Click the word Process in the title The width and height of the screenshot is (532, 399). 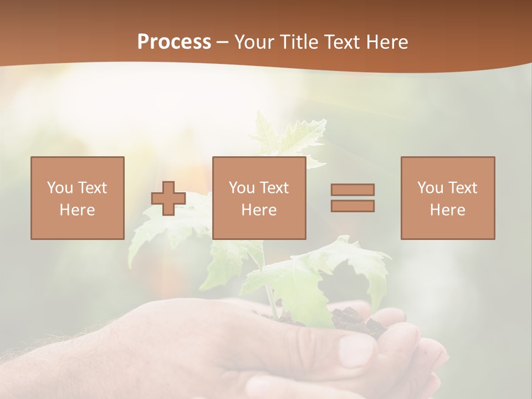click(174, 42)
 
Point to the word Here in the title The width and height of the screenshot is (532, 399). click(387, 42)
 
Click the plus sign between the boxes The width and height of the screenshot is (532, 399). click(168, 198)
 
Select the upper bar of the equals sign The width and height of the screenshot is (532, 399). click(352, 190)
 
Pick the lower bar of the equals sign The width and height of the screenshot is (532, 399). click(352, 206)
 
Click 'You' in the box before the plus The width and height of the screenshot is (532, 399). click(60, 188)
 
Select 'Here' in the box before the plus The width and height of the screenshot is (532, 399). click(77, 210)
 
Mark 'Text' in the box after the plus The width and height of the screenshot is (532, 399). click(274, 188)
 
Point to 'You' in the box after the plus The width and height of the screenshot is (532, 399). click(242, 188)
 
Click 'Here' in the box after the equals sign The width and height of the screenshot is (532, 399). click(447, 210)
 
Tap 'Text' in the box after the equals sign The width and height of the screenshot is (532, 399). click(463, 188)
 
